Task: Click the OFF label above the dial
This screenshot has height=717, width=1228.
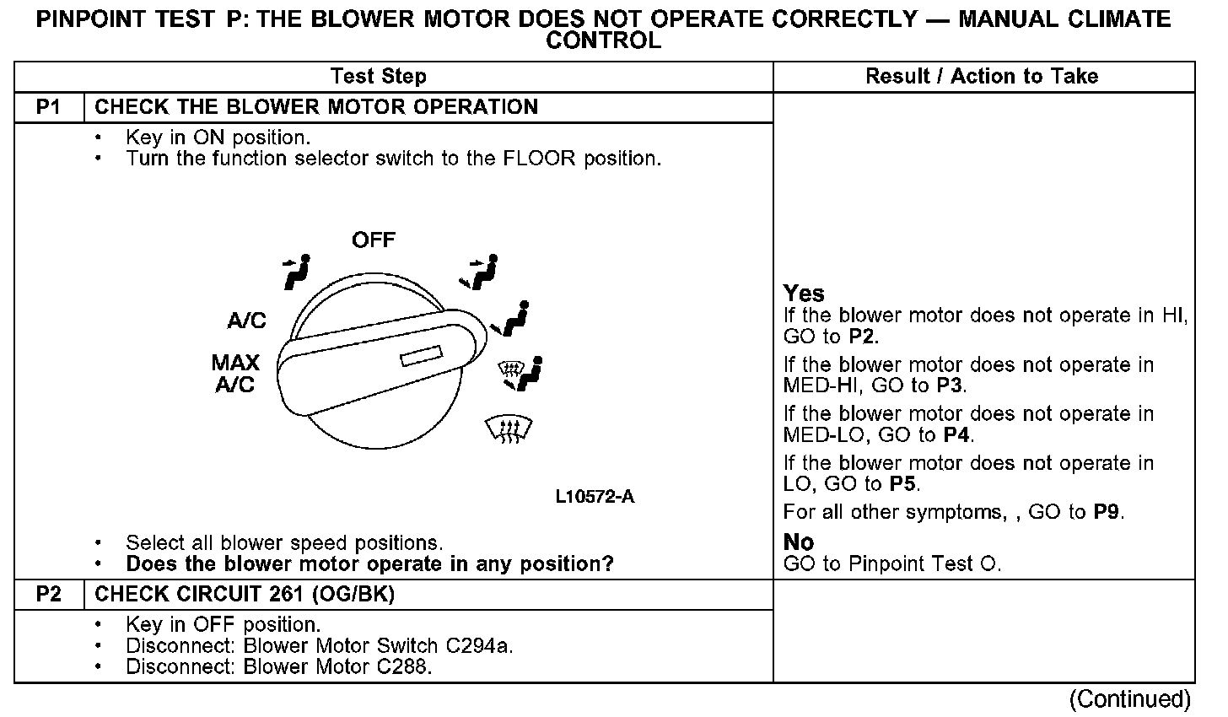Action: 373,240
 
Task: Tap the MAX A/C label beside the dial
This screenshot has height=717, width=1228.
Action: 235,374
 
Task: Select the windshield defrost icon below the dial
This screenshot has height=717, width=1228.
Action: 510,429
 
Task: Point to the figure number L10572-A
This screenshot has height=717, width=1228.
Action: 595,497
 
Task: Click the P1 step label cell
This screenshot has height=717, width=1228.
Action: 49,107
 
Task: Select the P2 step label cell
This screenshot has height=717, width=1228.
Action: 49,595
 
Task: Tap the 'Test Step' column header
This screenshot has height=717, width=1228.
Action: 379,77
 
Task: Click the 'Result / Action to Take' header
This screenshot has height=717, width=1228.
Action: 982,77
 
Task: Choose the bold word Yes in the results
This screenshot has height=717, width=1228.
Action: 804,294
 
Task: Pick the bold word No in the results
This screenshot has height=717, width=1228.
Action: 798,542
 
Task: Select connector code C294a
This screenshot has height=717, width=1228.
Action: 475,646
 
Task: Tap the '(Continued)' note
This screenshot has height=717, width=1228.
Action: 1129,699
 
